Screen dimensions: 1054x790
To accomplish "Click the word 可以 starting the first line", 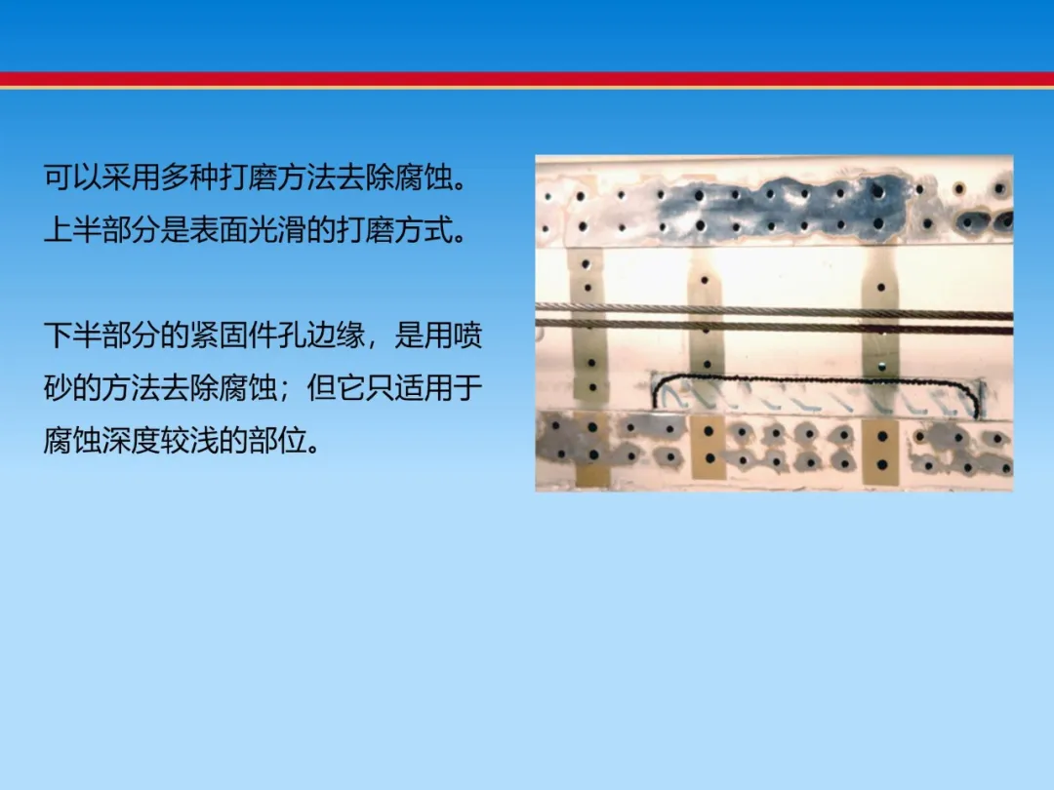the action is pyautogui.click(x=72, y=178).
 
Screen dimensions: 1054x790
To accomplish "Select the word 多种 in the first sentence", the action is pyautogui.click(x=189, y=178).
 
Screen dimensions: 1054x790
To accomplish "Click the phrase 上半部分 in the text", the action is pyautogui.click(x=102, y=230).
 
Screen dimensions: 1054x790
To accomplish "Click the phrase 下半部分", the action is pyautogui.click(x=102, y=336).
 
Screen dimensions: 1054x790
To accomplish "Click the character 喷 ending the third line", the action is pyautogui.click(x=467, y=336).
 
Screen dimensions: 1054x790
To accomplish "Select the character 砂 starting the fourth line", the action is pyautogui.click(x=58, y=387).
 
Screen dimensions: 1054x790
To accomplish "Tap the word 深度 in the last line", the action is pyautogui.click(x=131, y=441).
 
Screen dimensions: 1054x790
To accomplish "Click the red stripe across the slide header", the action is pyautogui.click(x=527, y=80).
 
